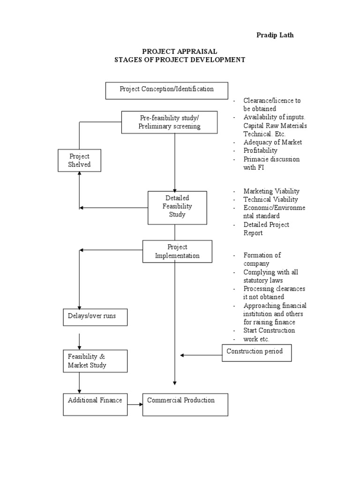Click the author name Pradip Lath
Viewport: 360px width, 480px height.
tap(274, 35)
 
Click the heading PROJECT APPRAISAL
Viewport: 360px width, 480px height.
tap(180, 52)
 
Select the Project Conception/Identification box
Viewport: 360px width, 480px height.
tap(166, 90)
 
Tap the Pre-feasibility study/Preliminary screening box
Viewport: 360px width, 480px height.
tap(169, 122)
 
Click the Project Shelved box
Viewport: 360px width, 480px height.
tap(79, 160)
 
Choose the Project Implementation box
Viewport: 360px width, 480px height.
tap(177, 251)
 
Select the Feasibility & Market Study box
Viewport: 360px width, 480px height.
tap(95, 361)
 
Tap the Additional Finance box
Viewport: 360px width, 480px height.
tap(95, 404)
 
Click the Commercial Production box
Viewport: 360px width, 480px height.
tap(185, 404)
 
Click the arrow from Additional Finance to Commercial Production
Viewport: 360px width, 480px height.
tap(135, 404)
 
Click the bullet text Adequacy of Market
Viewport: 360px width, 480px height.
tap(272, 142)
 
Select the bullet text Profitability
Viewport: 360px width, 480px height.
tap(260, 150)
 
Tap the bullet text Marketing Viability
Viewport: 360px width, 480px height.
tap(271, 191)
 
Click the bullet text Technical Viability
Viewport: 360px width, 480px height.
tap(270, 199)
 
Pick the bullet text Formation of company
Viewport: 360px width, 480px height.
tap(262, 259)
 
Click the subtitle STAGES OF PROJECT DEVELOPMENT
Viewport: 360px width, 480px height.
tap(180, 60)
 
